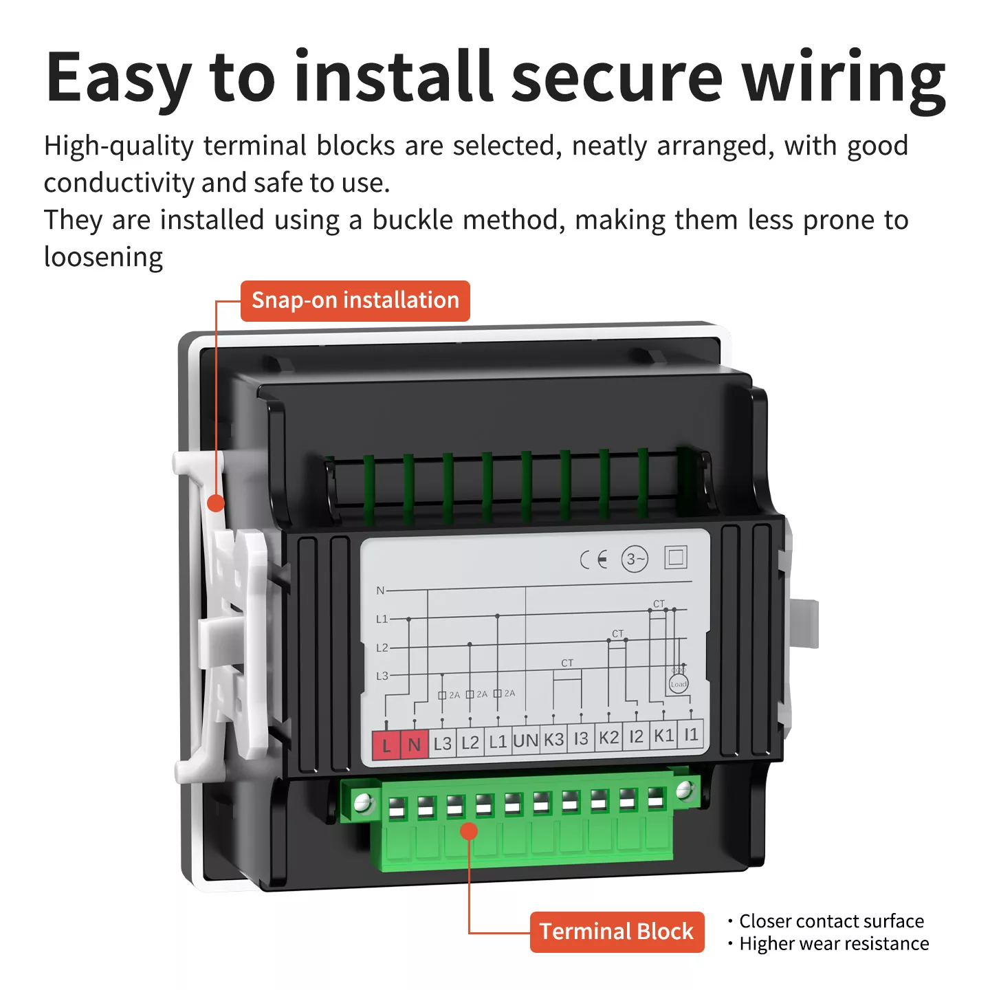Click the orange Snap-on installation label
[355, 300]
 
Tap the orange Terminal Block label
[617, 932]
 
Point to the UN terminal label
[525, 741]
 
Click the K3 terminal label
[553, 740]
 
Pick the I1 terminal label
[691, 735]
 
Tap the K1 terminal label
[663, 736]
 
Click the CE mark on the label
[593, 560]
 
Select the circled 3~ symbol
[635, 560]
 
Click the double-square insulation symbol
[676, 557]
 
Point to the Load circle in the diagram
[679, 684]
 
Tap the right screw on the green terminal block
[684, 791]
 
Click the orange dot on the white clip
[216, 503]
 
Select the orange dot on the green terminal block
[469, 831]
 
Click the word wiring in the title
[844, 78]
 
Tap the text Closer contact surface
[831, 921]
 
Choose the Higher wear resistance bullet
[833, 944]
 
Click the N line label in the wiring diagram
[380, 591]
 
